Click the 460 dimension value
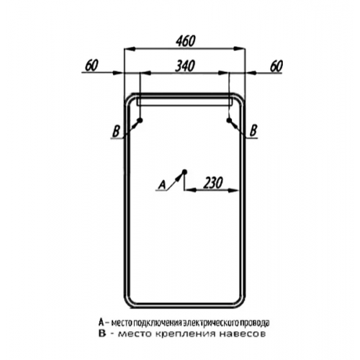click(x=186, y=41)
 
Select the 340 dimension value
click(x=185, y=66)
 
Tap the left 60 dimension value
click(x=91, y=66)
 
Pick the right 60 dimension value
click(x=276, y=66)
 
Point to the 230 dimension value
click(x=213, y=183)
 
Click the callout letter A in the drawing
click(x=163, y=185)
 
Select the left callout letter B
click(x=116, y=132)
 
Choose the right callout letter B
click(x=253, y=131)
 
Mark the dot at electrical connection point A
click(x=184, y=171)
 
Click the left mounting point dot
click(x=140, y=120)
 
